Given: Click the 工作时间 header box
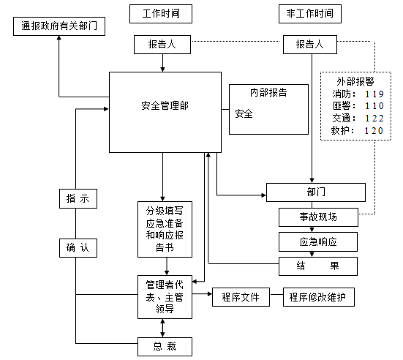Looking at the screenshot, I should (x=162, y=14).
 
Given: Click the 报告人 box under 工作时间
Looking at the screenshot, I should (x=162, y=45).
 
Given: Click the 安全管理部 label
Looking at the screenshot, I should (x=165, y=104).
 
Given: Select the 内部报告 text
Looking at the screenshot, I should (x=268, y=93).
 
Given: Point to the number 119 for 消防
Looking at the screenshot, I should (x=373, y=94).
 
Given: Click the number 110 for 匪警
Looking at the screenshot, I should (x=373, y=106).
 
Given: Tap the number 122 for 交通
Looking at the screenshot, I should (x=373, y=119).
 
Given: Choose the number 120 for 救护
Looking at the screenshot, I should (x=373, y=131).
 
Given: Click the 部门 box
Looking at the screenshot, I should (x=315, y=192).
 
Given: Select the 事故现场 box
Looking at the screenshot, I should (x=318, y=217).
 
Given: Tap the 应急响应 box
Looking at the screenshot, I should (x=318, y=241).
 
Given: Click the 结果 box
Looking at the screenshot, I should (x=318, y=266).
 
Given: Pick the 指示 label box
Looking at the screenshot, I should (x=77, y=198).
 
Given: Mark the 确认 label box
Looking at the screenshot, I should (x=77, y=248).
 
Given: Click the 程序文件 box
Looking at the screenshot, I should (x=236, y=297).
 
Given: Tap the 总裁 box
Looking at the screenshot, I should (x=165, y=345).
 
